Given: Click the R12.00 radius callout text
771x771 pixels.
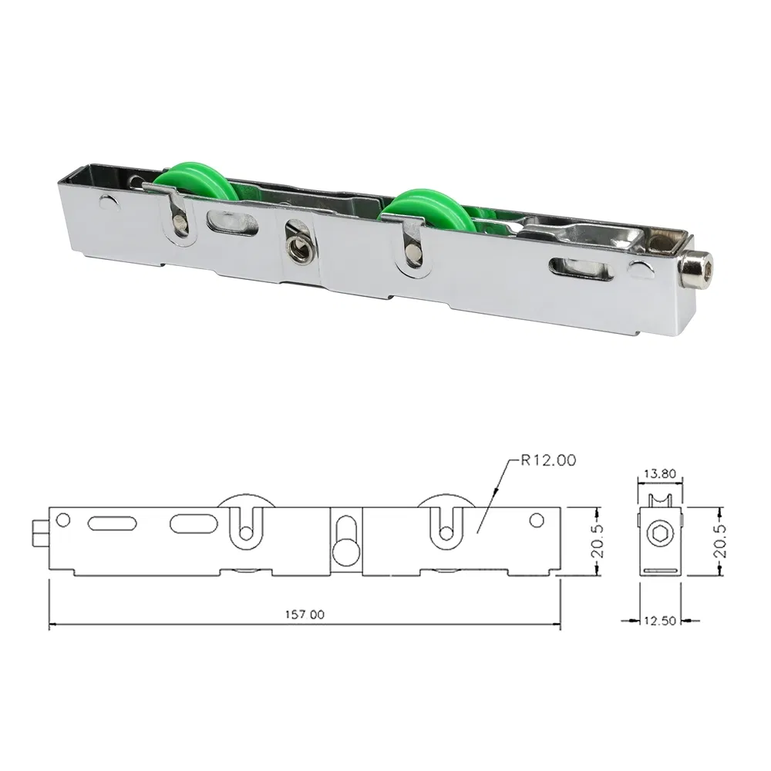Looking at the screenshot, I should [548, 462].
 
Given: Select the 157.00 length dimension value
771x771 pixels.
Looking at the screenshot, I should [307, 614].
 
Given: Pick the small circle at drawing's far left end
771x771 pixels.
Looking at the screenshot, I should [64, 519].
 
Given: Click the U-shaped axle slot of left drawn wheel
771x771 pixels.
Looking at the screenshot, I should [244, 526].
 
